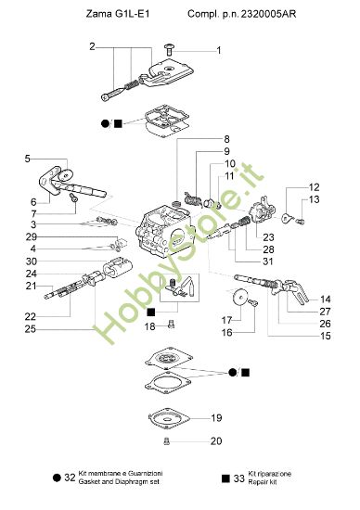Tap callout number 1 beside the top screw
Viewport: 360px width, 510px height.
pos(219,50)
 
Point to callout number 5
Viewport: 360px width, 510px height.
pos(28,159)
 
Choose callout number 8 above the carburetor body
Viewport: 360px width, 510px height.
pos(225,139)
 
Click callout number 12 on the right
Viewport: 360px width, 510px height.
pos(315,186)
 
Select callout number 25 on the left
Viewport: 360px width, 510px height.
pos(32,328)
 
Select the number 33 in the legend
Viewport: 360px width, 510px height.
pos(238,478)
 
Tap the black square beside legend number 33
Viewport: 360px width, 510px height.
pos(225,478)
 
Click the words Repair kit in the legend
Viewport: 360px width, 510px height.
pos(270,483)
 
